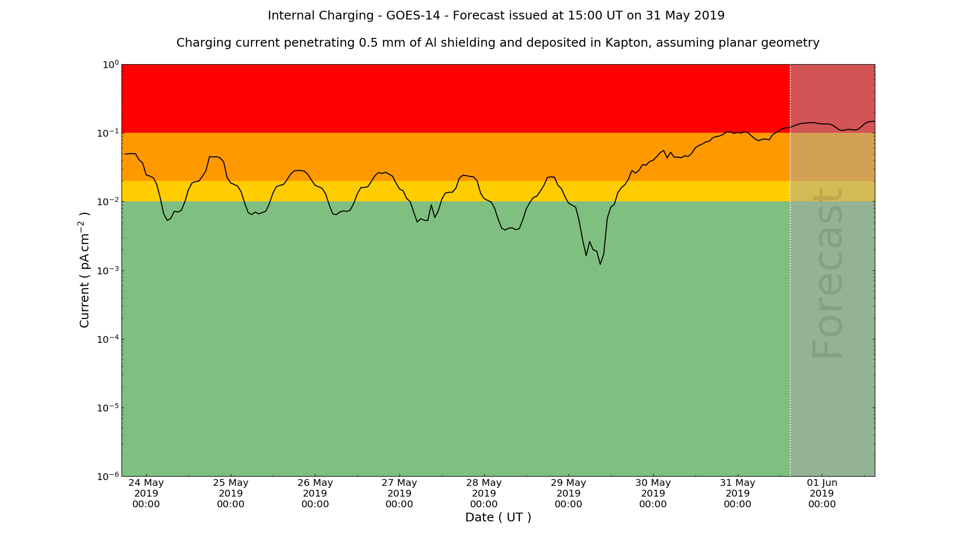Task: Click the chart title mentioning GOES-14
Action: [x=496, y=16]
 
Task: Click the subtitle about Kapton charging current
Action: [x=498, y=43]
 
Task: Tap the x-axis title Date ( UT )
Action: [x=498, y=517]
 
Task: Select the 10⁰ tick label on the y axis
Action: [x=110, y=65]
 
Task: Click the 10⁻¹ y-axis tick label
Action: [x=108, y=133]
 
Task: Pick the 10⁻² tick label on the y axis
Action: [x=108, y=202]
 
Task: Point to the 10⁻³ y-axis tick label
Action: [x=108, y=270]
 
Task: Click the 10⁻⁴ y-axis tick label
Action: [x=108, y=339]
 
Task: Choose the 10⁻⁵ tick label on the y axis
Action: [x=108, y=408]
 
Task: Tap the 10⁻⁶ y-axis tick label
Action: [x=108, y=476]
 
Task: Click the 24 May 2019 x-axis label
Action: [x=146, y=493]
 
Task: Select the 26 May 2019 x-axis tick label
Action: [x=315, y=493]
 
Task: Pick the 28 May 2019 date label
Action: [x=484, y=493]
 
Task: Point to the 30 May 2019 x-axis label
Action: [x=653, y=493]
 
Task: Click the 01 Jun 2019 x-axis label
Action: [x=822, y=493]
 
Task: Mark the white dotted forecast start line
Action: [x=790, y=292]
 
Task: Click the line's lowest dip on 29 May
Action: [x=600, y=264]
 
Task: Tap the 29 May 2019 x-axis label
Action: [x=569, y=493]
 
